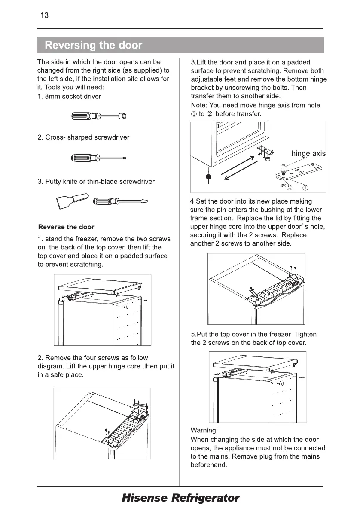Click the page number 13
point(44,16)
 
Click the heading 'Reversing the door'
point(93,45)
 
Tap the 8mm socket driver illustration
point(99,116)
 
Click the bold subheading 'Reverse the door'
point(66,227)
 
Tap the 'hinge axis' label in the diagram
point(308,153)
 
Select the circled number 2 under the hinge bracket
point(289,187)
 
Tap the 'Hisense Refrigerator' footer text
point(180,498)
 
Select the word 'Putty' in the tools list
point(53,181)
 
